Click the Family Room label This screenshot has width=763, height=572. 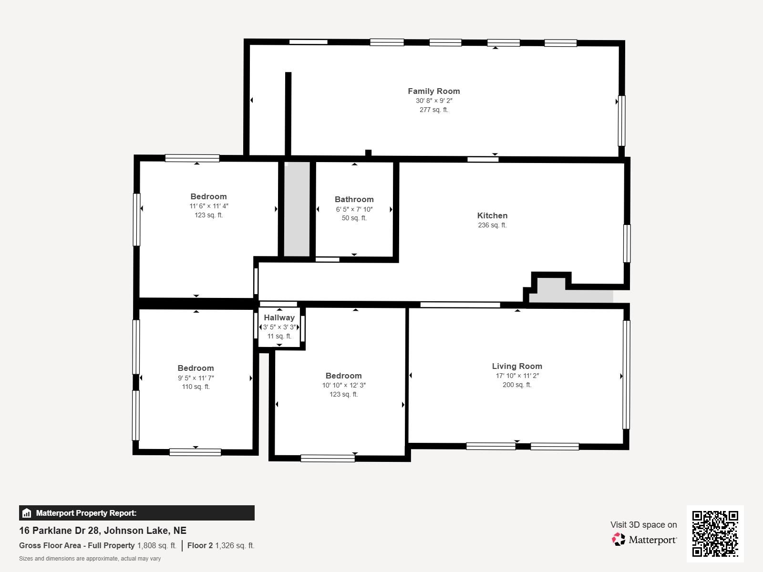click(433, 91)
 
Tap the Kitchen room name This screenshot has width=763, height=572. click(492, 215)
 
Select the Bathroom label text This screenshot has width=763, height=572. click(354, 199)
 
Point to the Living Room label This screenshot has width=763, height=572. click(517, 366)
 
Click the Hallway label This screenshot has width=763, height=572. click(279, 317)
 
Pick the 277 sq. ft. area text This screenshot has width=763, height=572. click(434, 110)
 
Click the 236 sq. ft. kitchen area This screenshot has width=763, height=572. click(492, 225)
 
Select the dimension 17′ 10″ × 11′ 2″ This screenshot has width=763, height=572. click(517, 376)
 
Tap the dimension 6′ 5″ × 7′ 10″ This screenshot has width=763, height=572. click(354, 209)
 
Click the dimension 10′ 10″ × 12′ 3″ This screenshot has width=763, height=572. click(344, 385)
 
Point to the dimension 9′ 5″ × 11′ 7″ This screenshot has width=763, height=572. click(196, 378)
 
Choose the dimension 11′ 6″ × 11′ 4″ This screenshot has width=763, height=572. click(208, 206)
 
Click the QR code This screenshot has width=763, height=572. click(715, 534)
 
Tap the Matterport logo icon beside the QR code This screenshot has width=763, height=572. click(619, 540)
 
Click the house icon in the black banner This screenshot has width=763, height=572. click(26, 513)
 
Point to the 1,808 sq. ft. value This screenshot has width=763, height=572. click(157, 545)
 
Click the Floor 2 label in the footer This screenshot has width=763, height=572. click(200, 545)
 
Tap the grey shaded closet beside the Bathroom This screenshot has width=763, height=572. click(297, 209)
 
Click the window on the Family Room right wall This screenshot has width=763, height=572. click(621, 121)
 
